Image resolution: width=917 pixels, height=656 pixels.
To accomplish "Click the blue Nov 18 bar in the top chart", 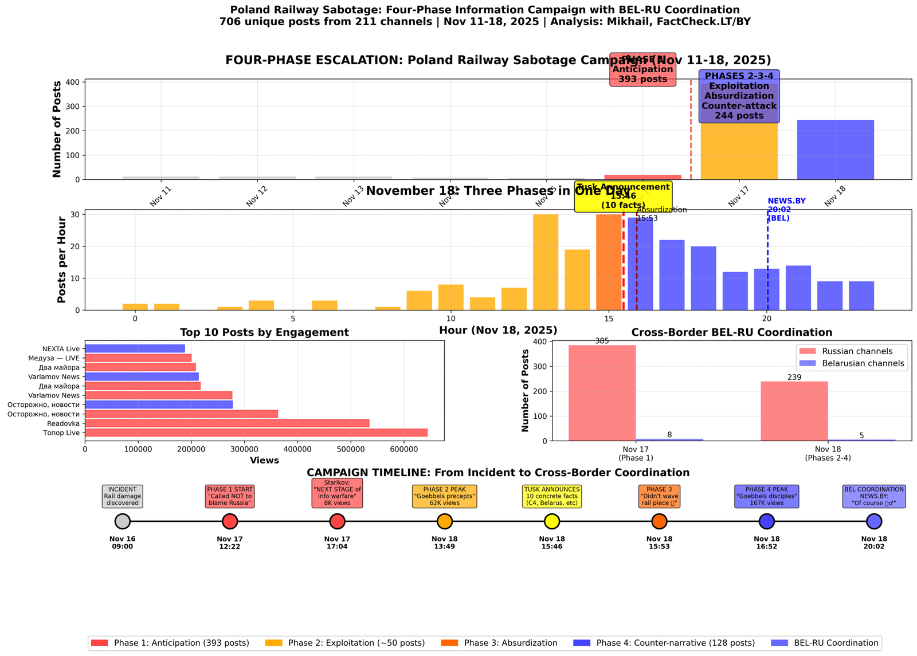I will pos(835,150).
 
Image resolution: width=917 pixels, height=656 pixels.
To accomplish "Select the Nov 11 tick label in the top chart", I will pos(160,196).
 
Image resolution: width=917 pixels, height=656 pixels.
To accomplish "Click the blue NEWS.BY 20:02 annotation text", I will pos(786,210).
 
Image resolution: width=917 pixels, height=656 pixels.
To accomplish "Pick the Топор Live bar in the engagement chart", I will pos(256,433).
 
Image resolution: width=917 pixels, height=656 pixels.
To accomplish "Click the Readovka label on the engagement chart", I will pos(64,423).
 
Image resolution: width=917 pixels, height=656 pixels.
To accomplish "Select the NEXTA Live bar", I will pos(135,348).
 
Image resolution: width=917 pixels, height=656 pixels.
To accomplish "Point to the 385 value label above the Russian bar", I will pos(602,341).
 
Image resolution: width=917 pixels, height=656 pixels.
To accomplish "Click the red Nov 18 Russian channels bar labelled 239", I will pos(794,411).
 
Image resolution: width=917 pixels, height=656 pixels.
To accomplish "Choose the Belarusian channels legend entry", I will pos(851,363).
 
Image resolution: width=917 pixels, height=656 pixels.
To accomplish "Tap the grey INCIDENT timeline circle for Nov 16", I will pos(123,521).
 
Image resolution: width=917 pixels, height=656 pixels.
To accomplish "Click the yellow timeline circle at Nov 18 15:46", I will pos(552,521).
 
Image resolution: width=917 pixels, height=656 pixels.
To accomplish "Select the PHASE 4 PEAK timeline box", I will pos(766,496).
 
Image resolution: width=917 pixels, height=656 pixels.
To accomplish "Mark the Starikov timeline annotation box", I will pos(337,493).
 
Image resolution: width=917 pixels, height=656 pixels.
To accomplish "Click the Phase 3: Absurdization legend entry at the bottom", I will pos(499,643).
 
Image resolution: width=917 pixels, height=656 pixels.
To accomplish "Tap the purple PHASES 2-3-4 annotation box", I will pos(739,96).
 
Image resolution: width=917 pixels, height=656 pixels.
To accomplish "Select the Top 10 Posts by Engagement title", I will pos(264,332).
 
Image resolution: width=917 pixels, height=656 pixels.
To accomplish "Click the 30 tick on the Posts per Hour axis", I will pos(75,214).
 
